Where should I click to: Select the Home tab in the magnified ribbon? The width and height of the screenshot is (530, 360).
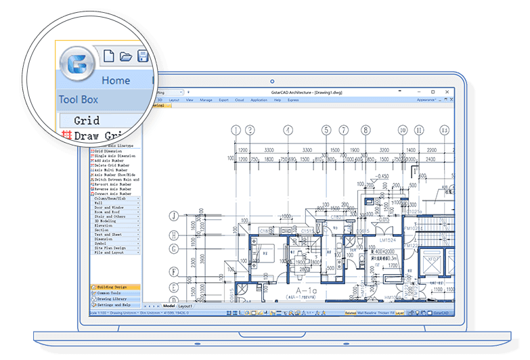116,80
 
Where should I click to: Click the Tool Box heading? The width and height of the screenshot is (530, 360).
79,99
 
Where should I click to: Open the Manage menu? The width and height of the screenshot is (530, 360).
206,99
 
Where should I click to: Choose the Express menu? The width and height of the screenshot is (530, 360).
293,99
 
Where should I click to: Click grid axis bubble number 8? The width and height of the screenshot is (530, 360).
366,130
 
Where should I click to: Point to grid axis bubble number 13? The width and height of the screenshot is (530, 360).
444,130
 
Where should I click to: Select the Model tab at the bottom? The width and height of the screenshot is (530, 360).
169,306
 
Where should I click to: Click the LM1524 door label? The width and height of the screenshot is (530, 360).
387,240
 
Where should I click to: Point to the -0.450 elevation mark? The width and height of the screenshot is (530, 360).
385,177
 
